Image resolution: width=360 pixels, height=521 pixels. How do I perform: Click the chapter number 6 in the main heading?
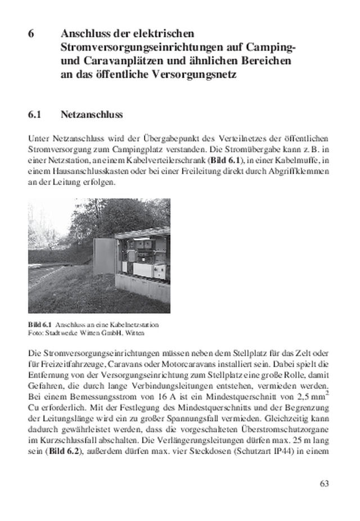click(32, 33)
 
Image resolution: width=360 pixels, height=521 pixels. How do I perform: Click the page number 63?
click(323, 483)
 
